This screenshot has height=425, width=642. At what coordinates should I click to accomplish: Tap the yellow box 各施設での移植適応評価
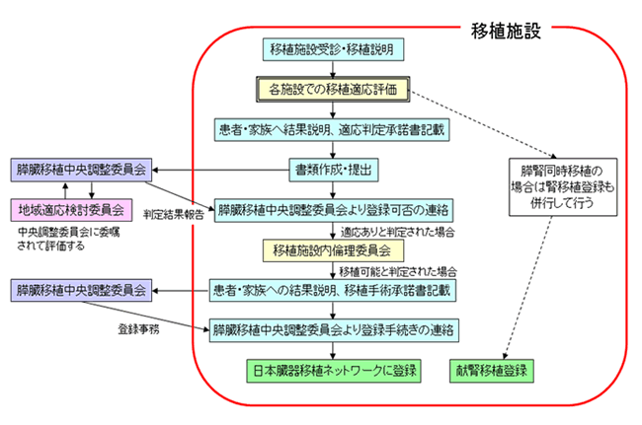[333, 90]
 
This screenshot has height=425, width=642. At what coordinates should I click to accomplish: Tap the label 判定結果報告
[174, 213]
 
